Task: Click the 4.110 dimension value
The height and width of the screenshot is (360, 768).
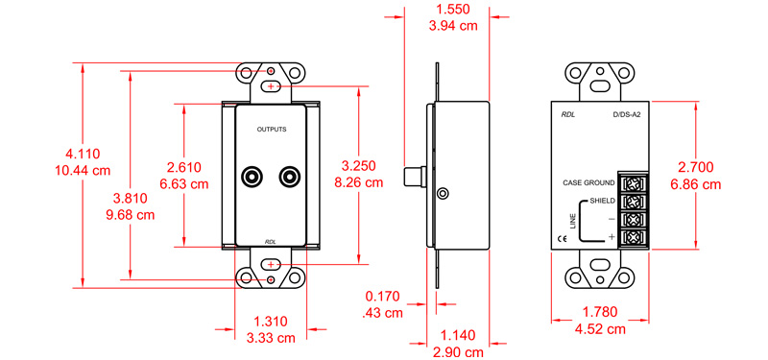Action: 83,155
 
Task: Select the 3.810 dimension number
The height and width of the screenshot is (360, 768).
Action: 130,199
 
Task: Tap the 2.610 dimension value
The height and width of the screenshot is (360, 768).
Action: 183,167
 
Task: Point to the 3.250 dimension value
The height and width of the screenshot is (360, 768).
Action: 358,165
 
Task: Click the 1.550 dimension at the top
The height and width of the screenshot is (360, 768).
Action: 452,10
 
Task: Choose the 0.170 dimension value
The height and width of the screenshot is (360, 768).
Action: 383,297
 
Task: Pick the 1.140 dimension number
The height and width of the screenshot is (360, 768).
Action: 458,335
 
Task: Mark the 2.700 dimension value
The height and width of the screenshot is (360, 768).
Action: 695,167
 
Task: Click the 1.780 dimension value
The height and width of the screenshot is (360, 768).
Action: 600,312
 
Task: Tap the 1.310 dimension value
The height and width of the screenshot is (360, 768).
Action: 271,322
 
